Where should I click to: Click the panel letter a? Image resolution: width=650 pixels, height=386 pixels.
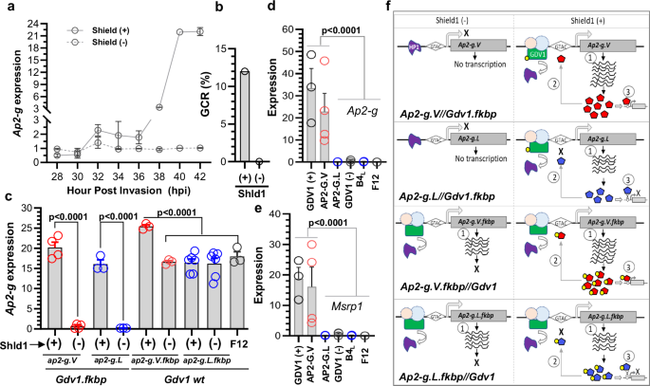point(7,9)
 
